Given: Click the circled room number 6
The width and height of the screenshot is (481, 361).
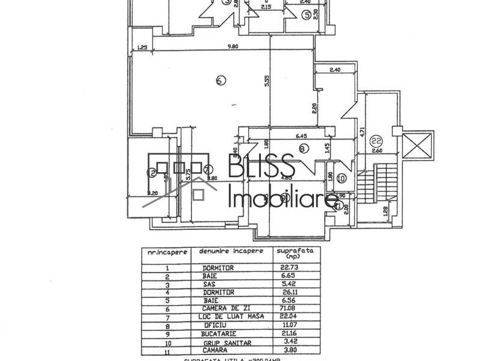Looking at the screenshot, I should coord(220,79).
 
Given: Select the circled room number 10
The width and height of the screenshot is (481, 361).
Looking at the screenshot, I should coord(342,178).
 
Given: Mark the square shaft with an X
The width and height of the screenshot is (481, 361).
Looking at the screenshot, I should coord(419,145).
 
